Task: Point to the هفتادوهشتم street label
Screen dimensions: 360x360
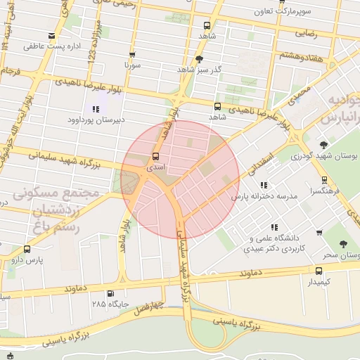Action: coord(302,55)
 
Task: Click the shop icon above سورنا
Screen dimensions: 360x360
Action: coord(132,53)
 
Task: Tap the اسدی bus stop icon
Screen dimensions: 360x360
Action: coord(155,156)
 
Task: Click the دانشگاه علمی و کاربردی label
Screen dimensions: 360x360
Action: coord(271,238)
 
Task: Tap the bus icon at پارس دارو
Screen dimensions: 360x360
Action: coord(27,249)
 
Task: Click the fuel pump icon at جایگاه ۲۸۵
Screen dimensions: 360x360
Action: coord(110,294)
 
